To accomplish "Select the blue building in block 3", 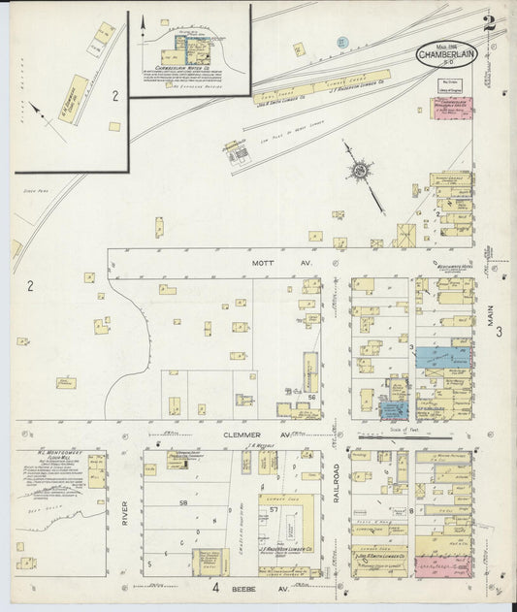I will click(444, 357).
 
